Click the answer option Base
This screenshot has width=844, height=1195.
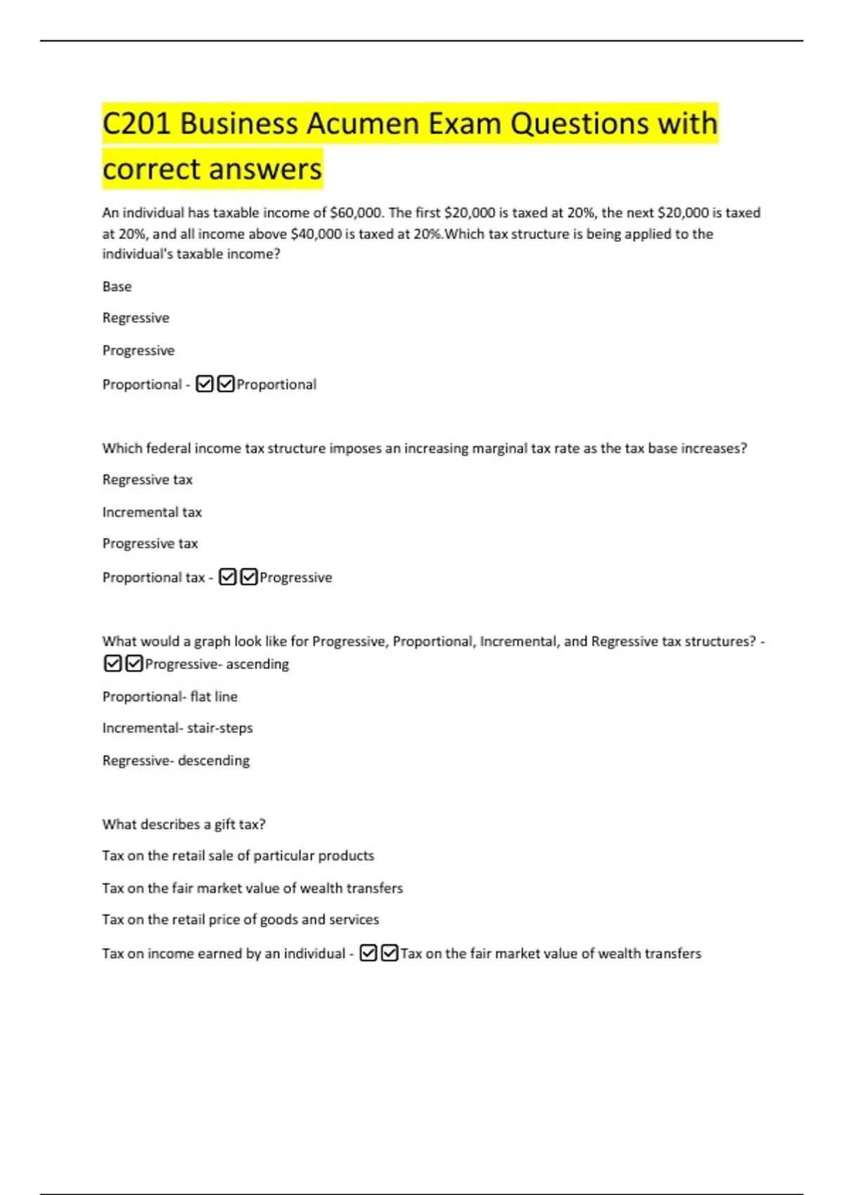click(117, 286)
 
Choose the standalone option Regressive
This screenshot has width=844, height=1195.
click(136, 318)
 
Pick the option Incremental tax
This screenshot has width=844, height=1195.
click(152, 512)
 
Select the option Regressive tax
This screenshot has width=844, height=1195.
click(147, 479)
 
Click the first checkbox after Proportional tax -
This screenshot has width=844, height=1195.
click(227, 577)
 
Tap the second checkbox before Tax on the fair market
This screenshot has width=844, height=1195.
click(389, 953)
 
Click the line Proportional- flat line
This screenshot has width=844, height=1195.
click(170, 697)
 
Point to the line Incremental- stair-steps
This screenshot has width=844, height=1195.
click(177, 728)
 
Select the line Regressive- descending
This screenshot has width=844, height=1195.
click(176, 761)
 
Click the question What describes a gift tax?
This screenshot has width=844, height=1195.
click(184, 824)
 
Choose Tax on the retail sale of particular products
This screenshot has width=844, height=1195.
click(238, 855)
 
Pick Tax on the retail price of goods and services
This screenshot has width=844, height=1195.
click(241, 919)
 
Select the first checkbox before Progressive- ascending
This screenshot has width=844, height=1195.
click(113, 664)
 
